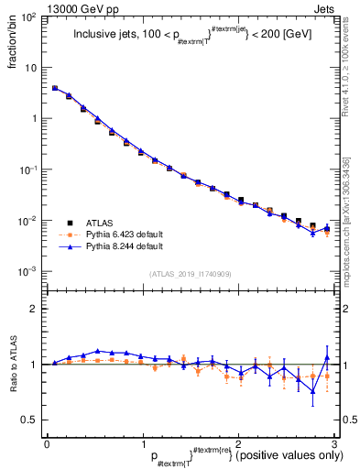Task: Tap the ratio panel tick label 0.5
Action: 32,420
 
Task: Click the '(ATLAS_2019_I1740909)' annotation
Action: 190,273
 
